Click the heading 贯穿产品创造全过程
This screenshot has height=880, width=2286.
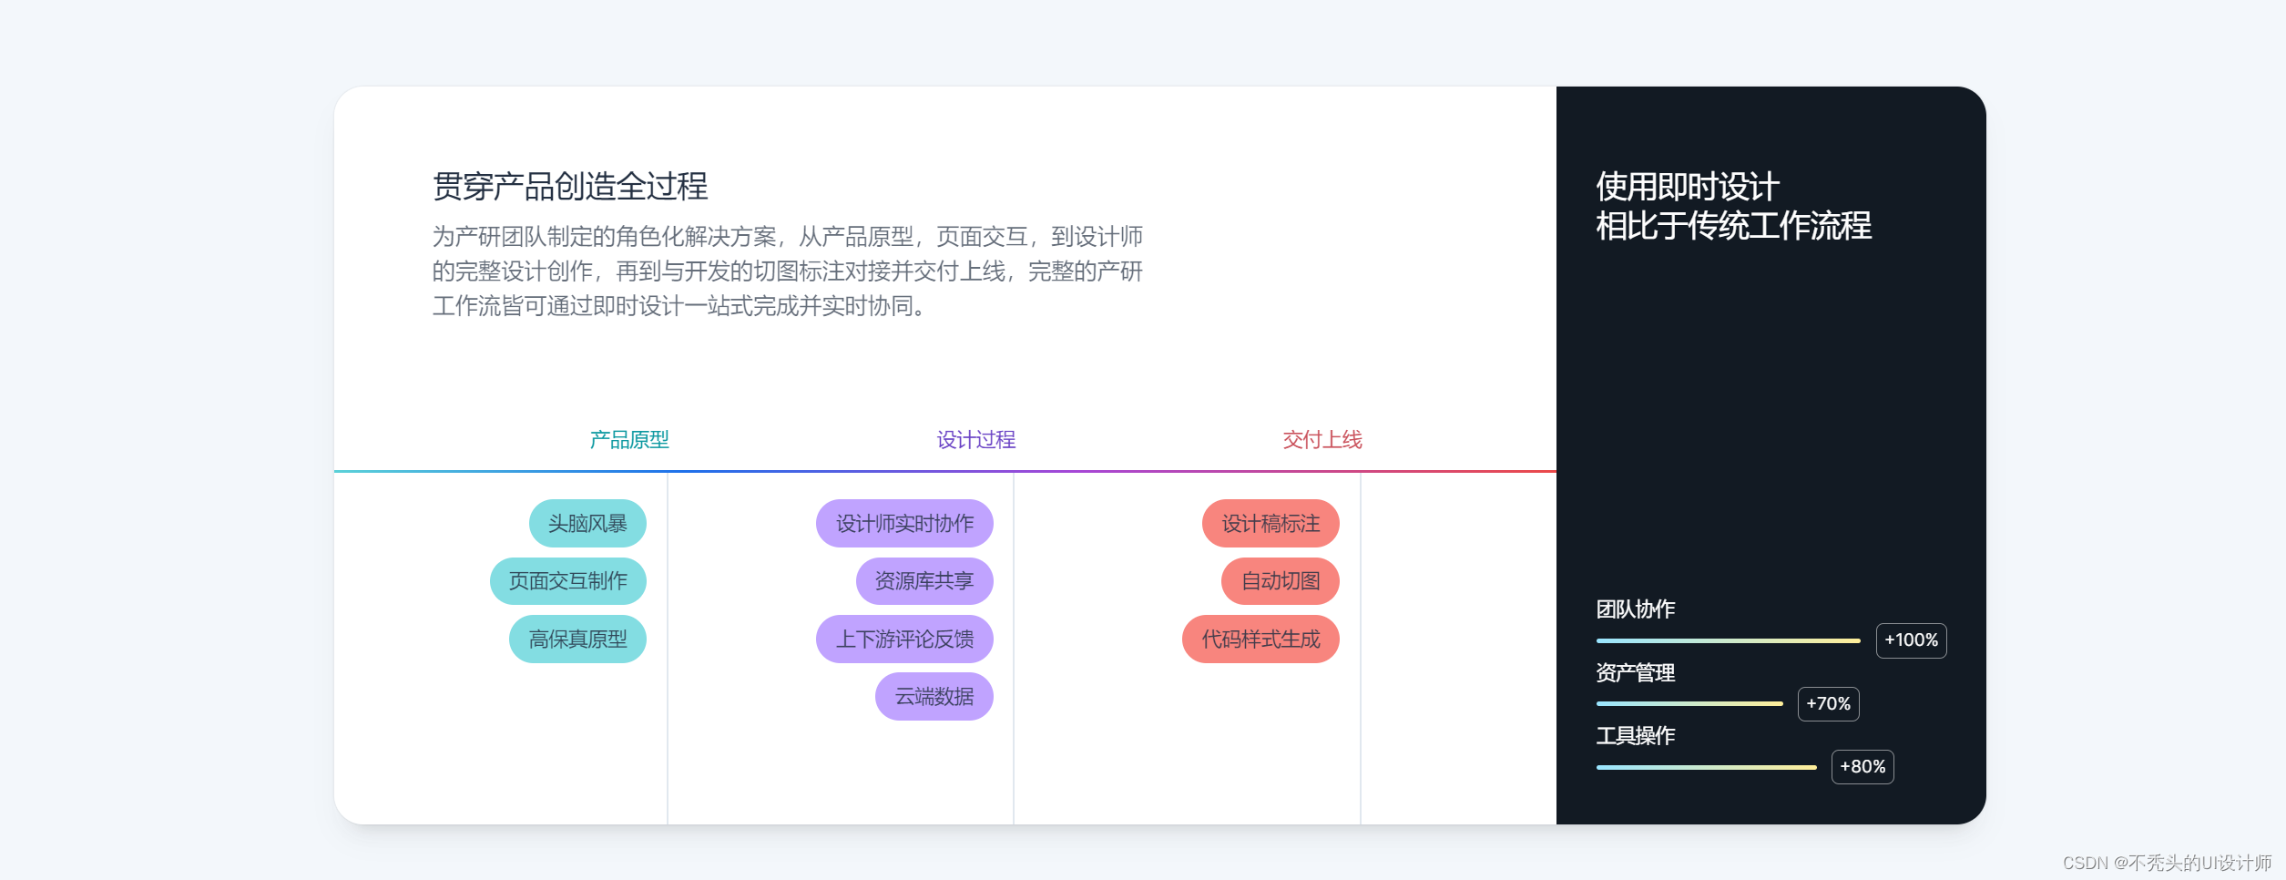[570, 186]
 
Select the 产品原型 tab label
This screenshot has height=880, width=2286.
[629, 440]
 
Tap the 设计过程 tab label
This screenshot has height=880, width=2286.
[976, 440]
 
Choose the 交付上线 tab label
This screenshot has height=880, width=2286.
[1322, 440]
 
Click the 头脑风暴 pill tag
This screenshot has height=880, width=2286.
[587, 524]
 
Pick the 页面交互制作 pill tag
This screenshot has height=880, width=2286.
[568, 581]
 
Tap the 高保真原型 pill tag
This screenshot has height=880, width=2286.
[577, 640]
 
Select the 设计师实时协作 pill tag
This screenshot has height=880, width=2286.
[904, 524]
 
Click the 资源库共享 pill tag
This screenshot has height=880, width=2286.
[924, 581]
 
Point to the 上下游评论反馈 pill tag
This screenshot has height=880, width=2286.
[904, 640]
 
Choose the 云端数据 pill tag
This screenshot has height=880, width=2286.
[934, 697]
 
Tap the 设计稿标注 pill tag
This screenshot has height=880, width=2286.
[1271, 524]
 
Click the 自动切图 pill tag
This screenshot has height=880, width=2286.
[1281, 581]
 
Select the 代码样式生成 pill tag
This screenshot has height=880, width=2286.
[1260, 640]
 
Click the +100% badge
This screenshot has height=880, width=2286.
[1911, 640]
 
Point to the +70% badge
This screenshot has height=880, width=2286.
[1828, 704]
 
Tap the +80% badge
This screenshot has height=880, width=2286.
[1862, 767]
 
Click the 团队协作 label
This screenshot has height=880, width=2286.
[1636, 609]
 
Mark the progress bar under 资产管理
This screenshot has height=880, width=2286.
[1689, 704]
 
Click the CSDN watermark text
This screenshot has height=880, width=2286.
[2167, 863]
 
